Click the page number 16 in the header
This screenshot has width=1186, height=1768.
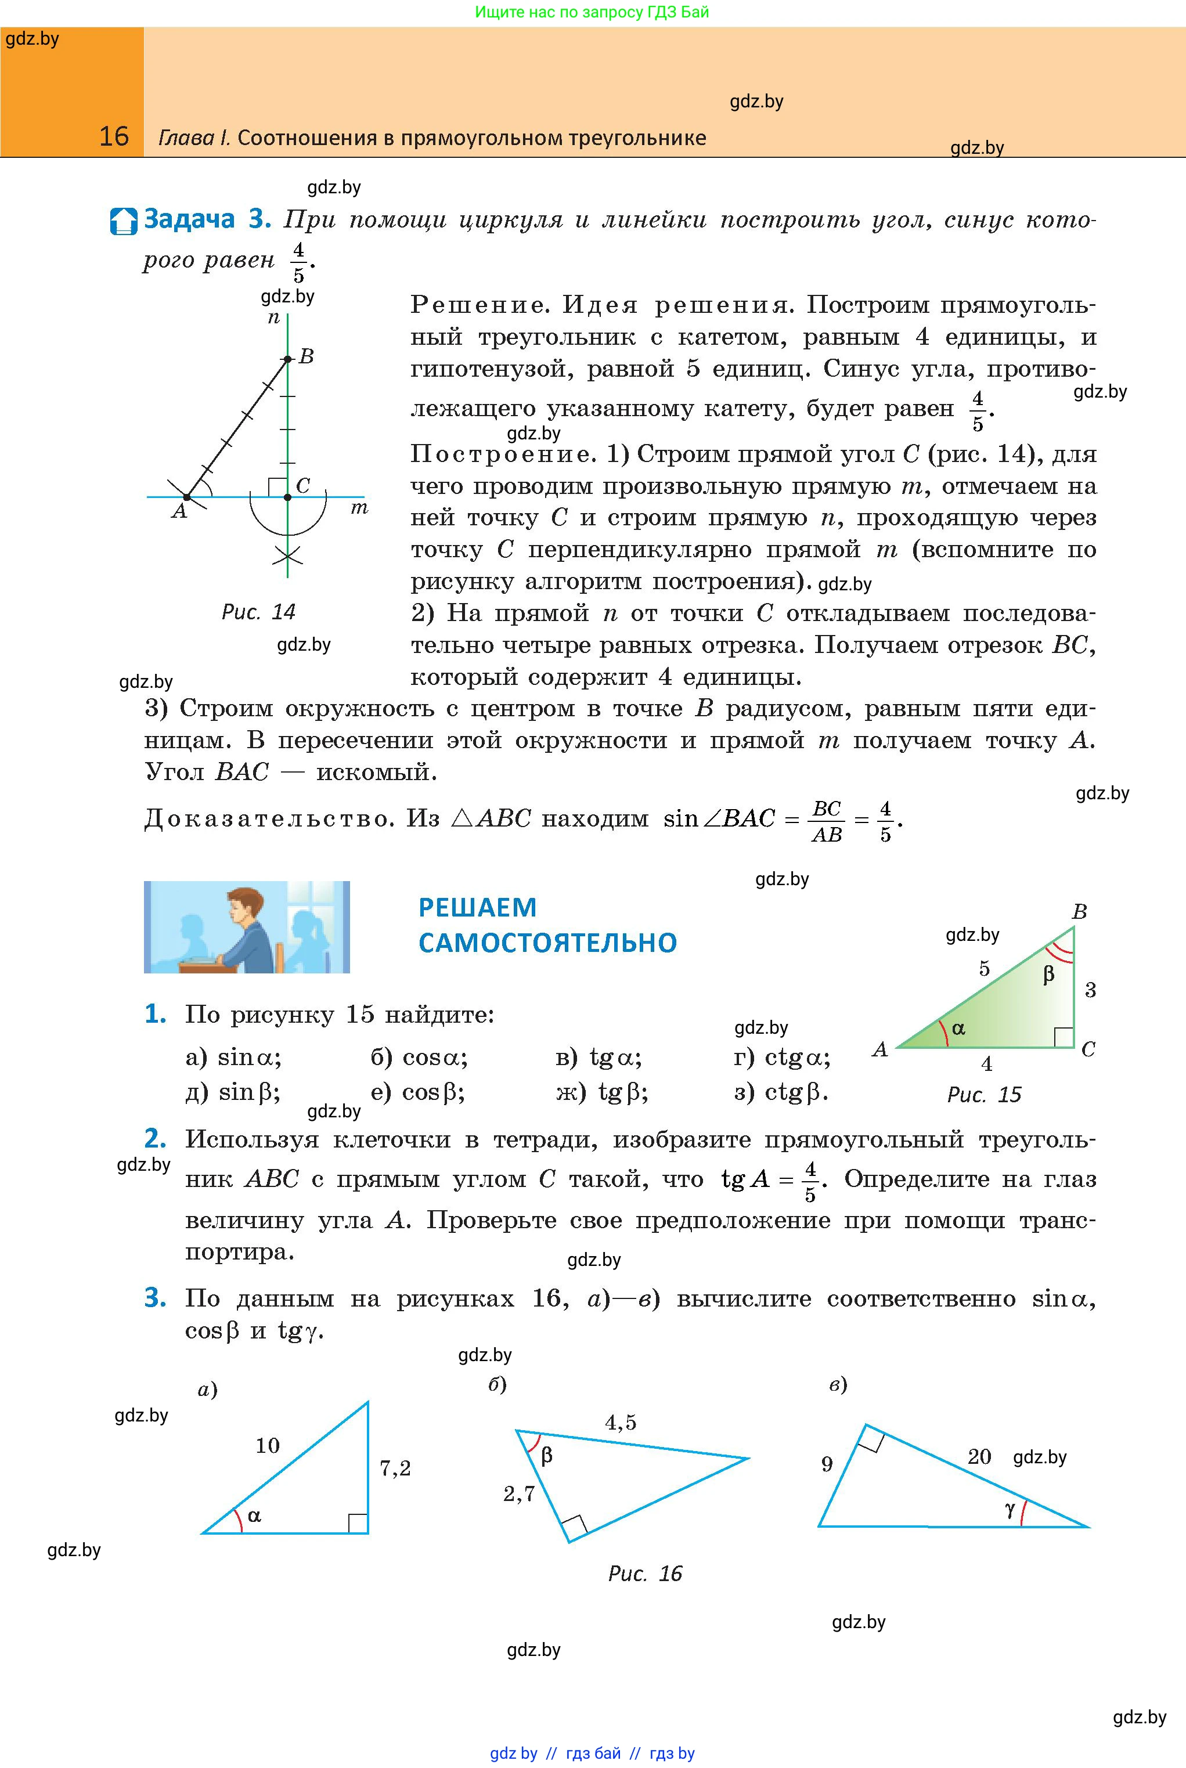114,136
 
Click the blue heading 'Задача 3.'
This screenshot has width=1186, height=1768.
207,219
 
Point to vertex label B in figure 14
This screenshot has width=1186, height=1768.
307,356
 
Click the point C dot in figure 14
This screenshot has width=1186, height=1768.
287,497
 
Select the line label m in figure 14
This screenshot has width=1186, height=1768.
359,508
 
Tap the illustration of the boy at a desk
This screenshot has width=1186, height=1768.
247,926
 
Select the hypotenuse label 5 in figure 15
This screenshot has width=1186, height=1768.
984,969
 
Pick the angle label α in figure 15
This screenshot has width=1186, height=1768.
959,1028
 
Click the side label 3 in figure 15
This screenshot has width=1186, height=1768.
1090,990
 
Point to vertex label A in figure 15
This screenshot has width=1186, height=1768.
879,1049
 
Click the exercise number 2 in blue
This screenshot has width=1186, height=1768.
155,1138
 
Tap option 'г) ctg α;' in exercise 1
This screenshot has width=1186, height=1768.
782,1057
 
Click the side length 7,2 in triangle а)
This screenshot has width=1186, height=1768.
395,1468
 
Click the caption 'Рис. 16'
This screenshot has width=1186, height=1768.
644,1574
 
